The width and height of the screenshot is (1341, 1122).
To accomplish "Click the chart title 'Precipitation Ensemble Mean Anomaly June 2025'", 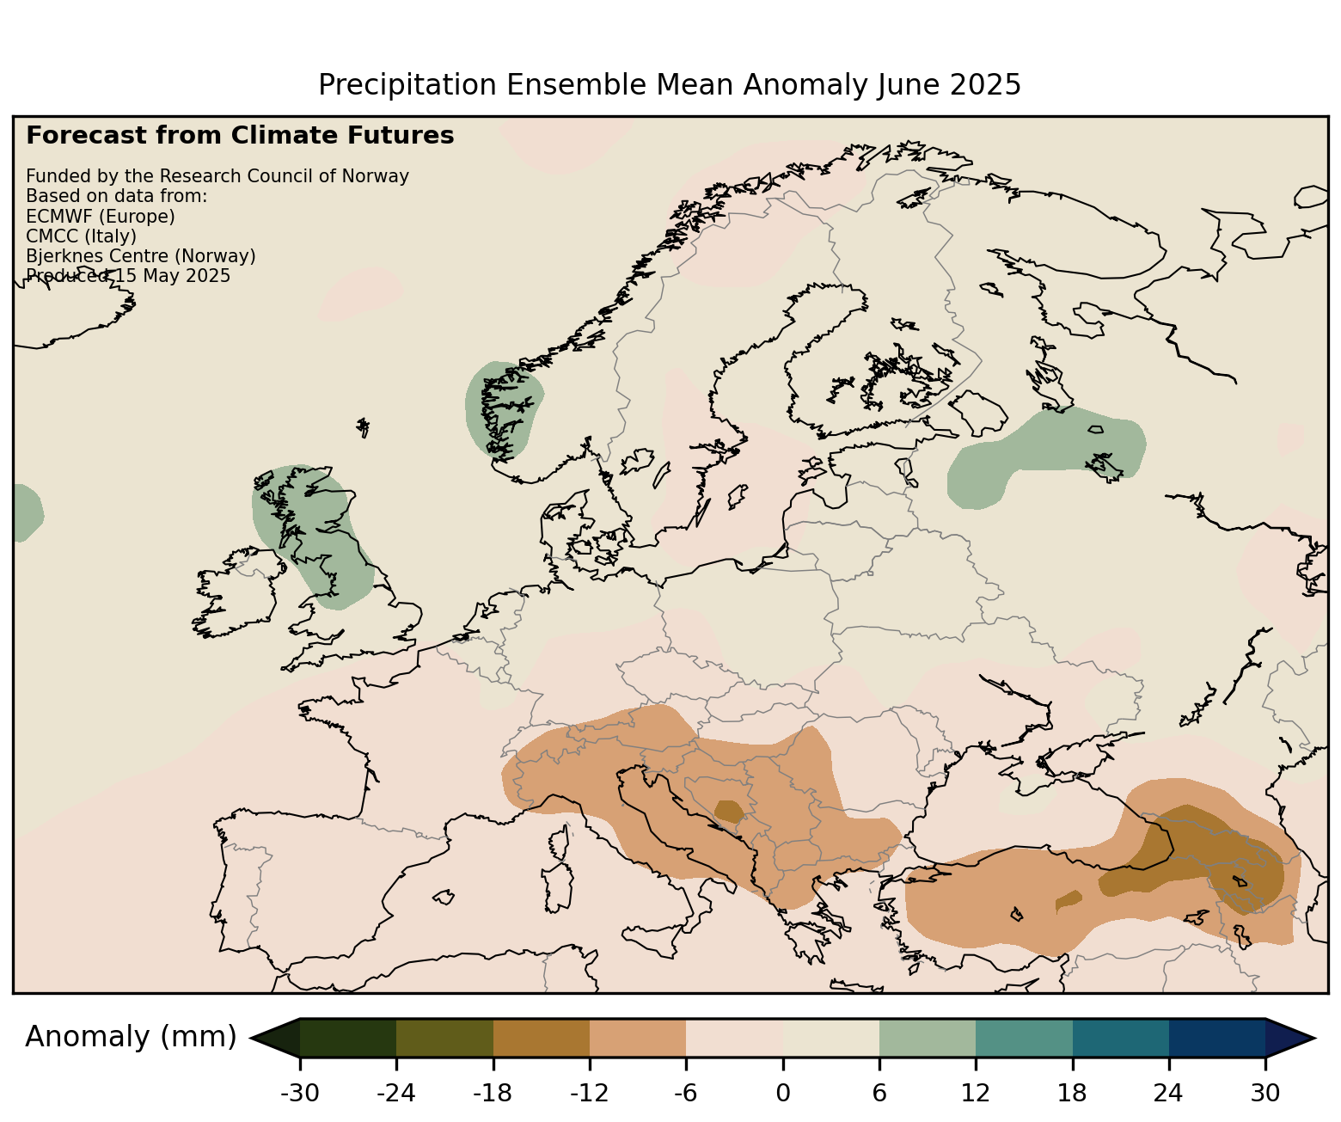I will (x=669, y=85).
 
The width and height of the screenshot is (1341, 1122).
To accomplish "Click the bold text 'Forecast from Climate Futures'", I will (x=240, y=136).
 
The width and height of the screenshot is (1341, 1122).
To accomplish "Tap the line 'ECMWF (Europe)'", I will (x=101, y=216).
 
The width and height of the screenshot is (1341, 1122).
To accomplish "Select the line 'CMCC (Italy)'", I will (x=81, y=236).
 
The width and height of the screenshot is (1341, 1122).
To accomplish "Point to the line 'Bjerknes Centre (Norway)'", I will (x=141, y=256).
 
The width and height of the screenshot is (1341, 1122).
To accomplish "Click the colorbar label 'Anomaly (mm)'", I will (x=131, y=1037).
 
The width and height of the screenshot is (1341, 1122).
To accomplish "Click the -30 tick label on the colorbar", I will (x=299, y=1093).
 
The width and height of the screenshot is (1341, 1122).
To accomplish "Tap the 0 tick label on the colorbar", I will (x=782, y=1093).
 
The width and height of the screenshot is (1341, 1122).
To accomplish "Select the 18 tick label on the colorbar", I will (x=1072, y=1093).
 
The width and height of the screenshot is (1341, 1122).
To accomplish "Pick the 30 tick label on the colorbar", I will (x=1265, y=1093).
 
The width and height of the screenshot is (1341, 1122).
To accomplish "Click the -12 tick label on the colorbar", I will (x=589, y=1093).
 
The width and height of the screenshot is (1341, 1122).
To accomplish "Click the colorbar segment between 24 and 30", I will (x=1217, y=1038).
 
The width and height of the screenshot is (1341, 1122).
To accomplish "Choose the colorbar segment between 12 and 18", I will (x=1024, y=1038).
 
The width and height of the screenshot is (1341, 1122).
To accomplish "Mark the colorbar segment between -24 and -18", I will (x=444, y=1038).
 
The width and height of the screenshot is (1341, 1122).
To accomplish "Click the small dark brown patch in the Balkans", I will (x=729, y=811).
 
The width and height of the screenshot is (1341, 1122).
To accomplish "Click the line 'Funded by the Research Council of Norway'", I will (x=217, y=176).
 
